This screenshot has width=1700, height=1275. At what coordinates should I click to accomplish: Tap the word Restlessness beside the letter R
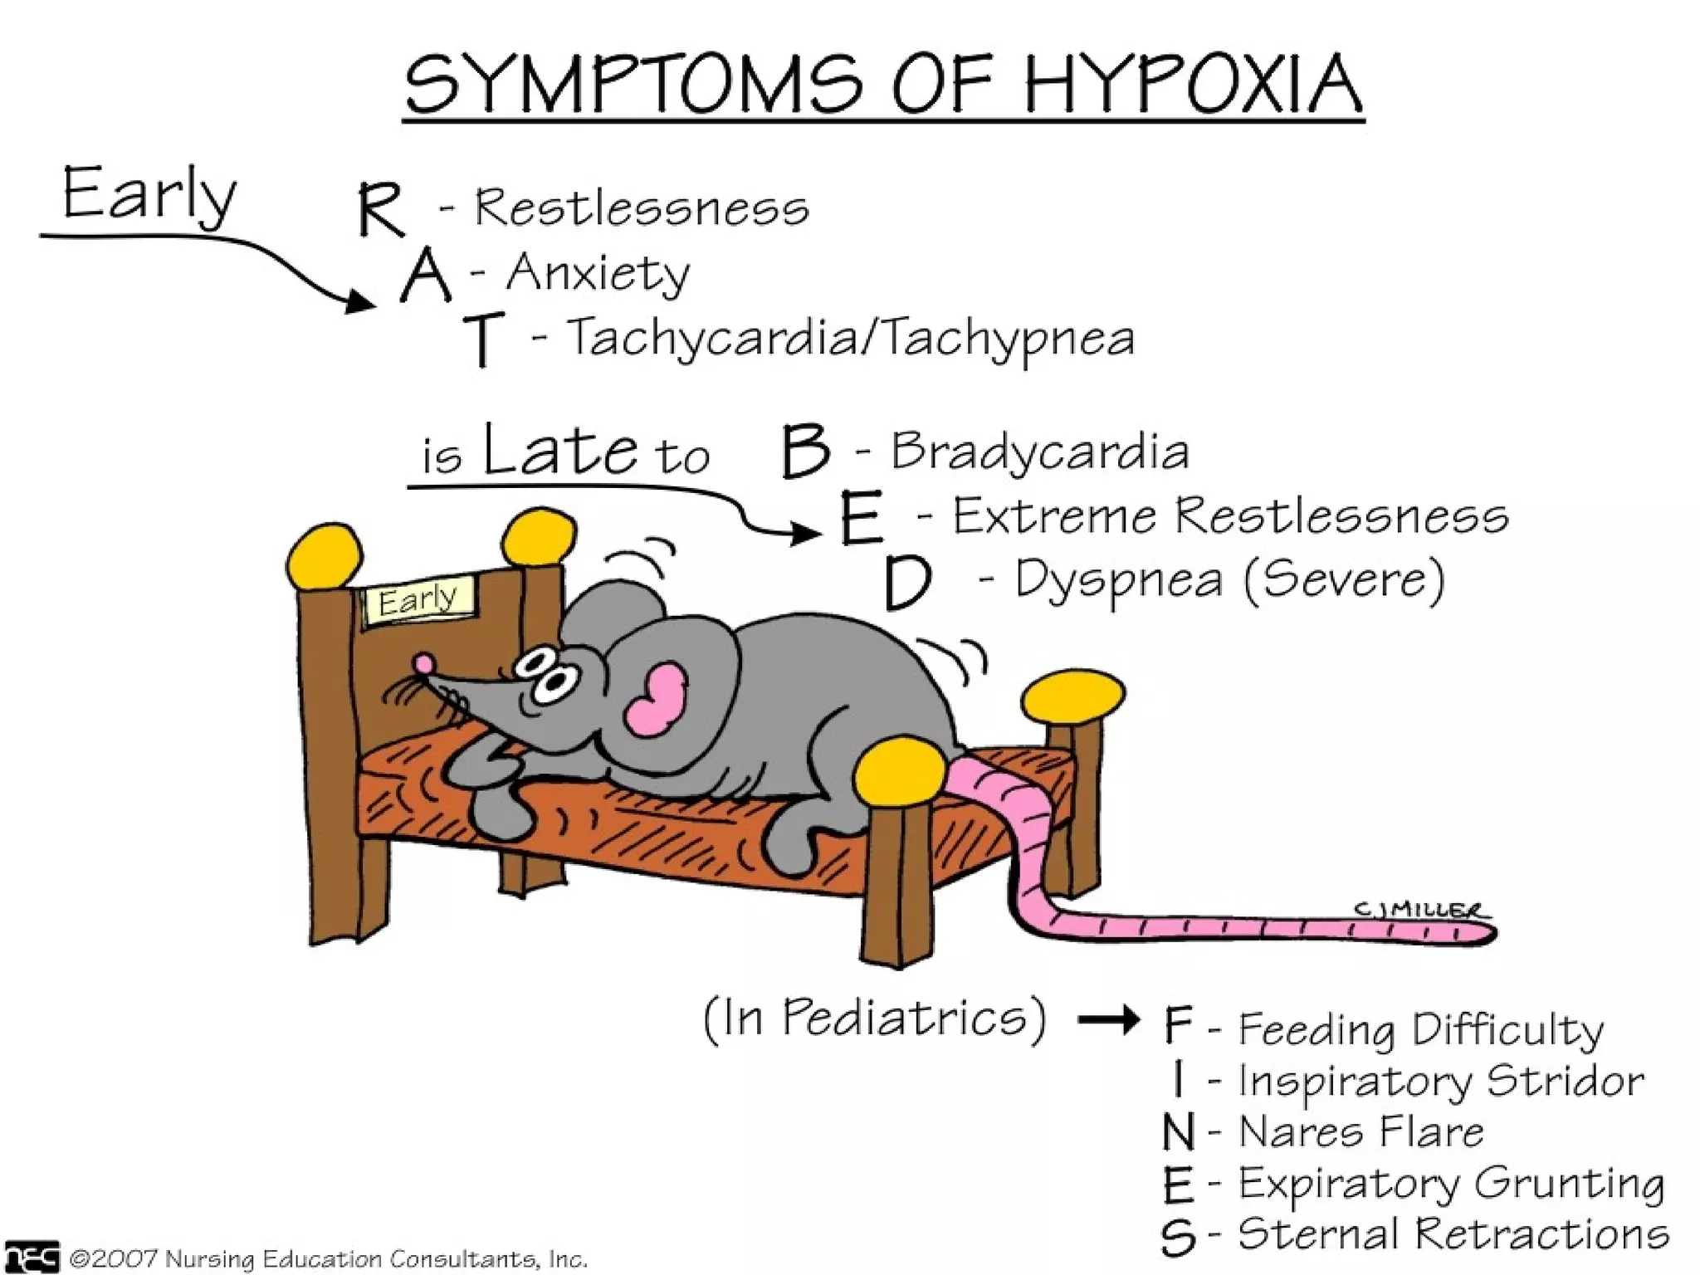641,208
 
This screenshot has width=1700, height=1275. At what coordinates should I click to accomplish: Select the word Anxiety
598,273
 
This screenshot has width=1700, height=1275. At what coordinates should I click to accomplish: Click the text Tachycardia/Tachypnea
850,339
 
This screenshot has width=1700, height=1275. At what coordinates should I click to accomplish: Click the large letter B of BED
805,452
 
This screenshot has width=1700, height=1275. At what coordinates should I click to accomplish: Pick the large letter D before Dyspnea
906,584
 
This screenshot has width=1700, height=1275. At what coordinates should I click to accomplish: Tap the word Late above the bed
561,451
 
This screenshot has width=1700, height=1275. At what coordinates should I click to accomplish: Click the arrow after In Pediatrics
1109,1019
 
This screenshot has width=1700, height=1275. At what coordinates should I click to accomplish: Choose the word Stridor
1564,1081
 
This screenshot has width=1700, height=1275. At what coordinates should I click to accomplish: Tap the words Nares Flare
1361,1132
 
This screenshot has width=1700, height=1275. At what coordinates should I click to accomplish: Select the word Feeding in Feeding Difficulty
1317,1030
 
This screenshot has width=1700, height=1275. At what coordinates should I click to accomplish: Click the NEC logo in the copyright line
32,1257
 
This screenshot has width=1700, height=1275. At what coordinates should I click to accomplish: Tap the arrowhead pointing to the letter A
361,300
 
